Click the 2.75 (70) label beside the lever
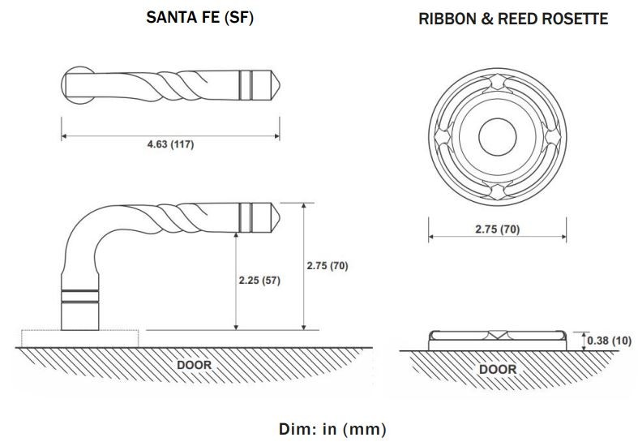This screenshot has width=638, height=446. coord(328,265)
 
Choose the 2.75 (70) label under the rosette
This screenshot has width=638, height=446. coord(497,229)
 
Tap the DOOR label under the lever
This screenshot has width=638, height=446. coord(194,365)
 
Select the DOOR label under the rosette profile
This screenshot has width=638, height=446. coord(497,369)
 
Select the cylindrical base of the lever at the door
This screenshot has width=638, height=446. coord(81,312)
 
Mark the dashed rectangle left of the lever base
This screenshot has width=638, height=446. coord(41,337)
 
